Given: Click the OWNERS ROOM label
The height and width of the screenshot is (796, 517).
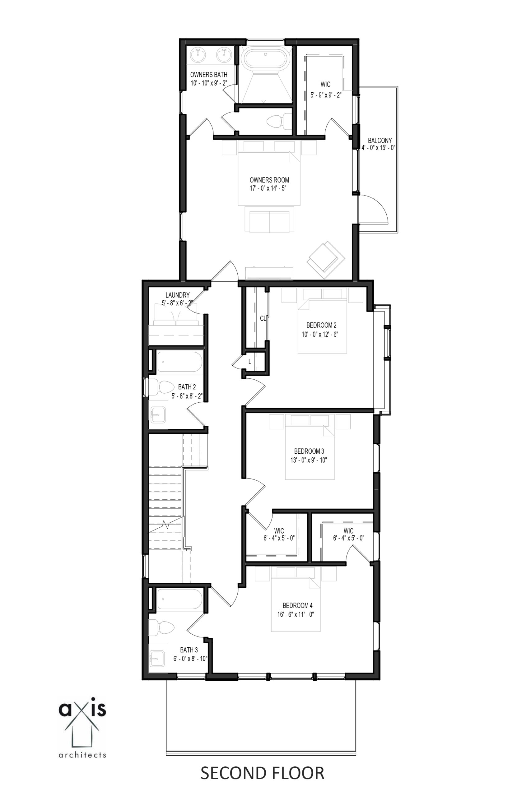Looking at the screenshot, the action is pyautogui.click(x=269, y=180).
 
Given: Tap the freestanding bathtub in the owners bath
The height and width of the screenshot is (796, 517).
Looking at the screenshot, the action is pyautogui.click(x=265, y=58).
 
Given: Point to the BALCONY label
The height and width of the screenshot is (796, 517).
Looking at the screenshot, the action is pyautogui.click(x=380, y=141).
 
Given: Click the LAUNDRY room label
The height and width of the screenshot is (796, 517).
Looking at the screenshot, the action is pyautogui.click(x=177, y=295).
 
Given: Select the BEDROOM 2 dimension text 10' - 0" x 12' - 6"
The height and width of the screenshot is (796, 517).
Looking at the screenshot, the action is pyautogui.click(x=320, y=334).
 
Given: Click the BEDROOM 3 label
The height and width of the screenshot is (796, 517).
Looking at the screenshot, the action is pyautogui.click(x=309, y=451).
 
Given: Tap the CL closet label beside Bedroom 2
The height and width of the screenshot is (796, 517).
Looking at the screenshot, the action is pyautogui.click(x=263, y=318).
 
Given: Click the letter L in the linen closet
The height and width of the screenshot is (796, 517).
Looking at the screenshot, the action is pyautogui.click(x=249, y=362).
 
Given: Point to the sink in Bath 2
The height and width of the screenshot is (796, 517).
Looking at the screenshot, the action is pyautogui.click(x=158, y=415).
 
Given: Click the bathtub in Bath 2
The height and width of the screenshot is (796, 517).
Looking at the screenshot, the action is pyautogui.click(x=180, y=361).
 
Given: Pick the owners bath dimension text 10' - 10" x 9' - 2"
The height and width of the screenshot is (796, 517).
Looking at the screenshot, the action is pyautogui.click(x=209, y=83).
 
